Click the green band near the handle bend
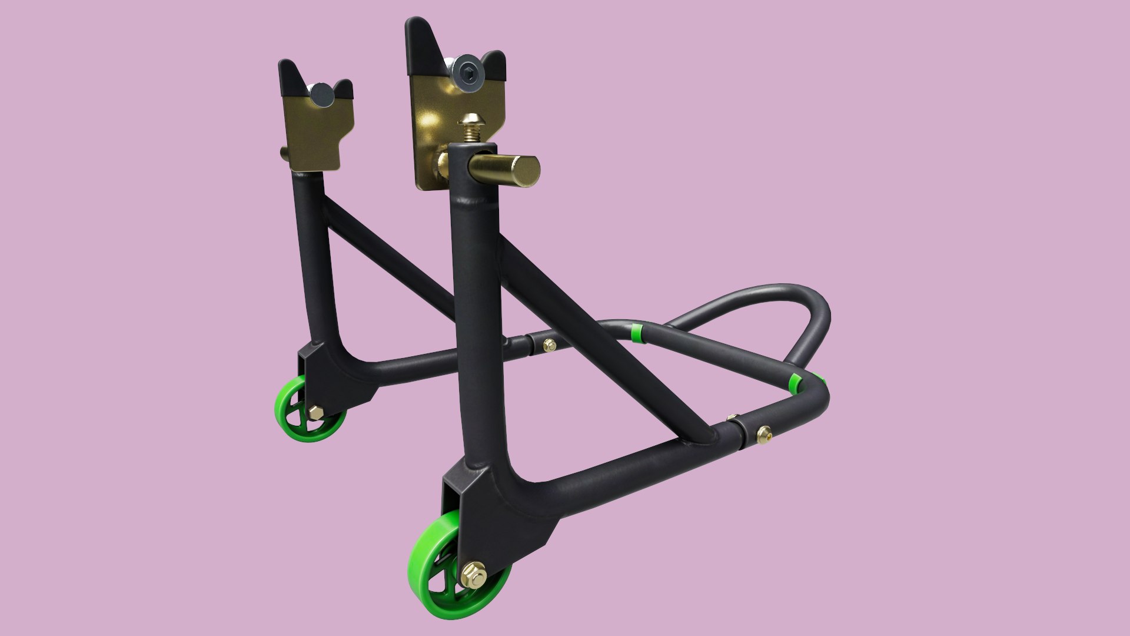[795, 383]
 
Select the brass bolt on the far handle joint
[549, 344]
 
